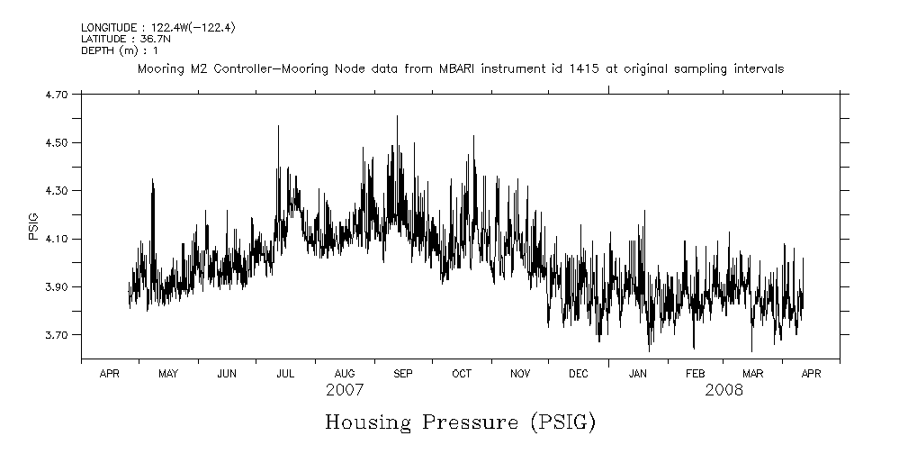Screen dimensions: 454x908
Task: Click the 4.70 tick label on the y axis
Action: (55, 94)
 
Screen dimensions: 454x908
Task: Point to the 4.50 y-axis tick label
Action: (55, 142)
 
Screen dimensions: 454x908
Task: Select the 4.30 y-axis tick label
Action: (55, 191)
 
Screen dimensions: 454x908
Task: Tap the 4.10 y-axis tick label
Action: (55, 239)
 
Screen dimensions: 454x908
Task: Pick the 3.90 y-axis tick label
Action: (55, 287)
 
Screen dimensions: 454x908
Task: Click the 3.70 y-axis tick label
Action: (55, 335)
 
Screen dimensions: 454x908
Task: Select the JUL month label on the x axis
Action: (285, 374)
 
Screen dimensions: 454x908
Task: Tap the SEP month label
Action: (402, 374)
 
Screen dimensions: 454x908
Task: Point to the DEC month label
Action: (579, 374)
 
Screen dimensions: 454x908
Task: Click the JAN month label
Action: (637, 374)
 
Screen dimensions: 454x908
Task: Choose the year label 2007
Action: (345, 391)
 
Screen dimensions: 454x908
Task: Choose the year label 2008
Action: (724, 391)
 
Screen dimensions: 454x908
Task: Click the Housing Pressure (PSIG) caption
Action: (460, 422)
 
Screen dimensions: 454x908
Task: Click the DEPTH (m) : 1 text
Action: (120, 50)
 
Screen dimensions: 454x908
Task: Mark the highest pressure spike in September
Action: (397, 116)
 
